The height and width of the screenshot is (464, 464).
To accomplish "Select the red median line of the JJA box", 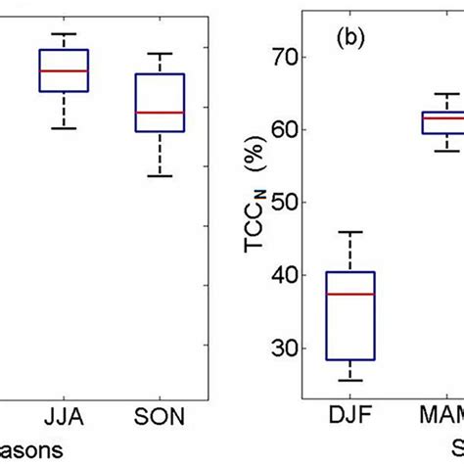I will [64, 71].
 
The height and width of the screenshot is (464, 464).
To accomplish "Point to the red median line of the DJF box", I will [349, 294].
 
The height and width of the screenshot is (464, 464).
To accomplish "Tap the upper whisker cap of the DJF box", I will [349, 232].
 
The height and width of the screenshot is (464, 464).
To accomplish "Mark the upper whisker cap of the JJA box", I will [64, 33].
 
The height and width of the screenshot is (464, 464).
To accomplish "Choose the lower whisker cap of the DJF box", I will [349, 381].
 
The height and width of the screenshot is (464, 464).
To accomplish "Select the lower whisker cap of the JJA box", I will [64, 128].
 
